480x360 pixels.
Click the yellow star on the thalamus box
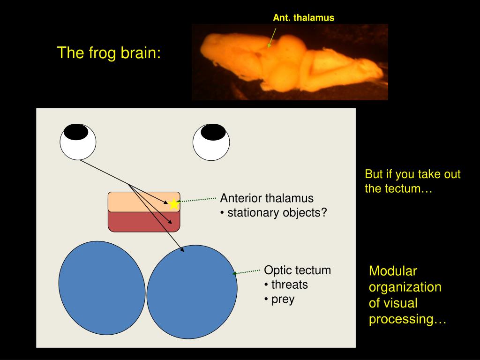[174, 203]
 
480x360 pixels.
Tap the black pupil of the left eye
[76, 132]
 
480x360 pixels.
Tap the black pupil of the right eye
[213, 132]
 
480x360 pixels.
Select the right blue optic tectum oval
[192, 292]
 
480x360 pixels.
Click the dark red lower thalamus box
[144, 222]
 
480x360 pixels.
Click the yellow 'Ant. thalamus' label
[304, 18]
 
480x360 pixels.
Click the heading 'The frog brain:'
[109, 52]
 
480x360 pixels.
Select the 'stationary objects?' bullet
[277, 213]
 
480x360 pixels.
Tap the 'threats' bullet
[289, 285]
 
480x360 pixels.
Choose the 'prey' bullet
[283, 299]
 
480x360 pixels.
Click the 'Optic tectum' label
[297, 270]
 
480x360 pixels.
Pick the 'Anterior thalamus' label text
[267, 198]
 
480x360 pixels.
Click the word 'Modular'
[392, 270]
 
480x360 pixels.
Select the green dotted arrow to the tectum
[247, 272]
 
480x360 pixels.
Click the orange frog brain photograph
[290, 62]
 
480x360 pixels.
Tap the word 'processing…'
[407, 319]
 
